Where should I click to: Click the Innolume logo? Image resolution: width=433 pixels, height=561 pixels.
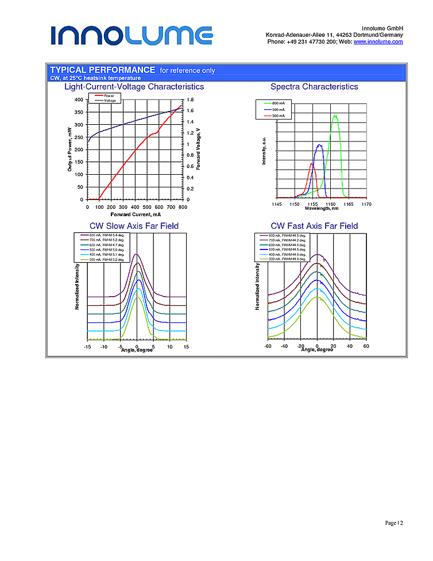coord(132,35)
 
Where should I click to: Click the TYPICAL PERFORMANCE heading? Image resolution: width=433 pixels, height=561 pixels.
coord(103,70)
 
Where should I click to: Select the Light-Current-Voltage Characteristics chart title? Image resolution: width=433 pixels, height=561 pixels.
coord(134,87)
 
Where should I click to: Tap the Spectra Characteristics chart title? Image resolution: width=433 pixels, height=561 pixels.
coord(314,87)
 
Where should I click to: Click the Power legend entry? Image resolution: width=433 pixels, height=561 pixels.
coord(109,95)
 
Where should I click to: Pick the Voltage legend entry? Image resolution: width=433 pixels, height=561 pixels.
coord(110,101)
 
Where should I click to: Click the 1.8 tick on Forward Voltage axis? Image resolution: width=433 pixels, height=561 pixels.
coord(190,99)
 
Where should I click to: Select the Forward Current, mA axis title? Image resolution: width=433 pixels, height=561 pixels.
coord(136,214)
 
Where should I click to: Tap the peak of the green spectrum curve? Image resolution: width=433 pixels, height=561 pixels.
coord(335,116)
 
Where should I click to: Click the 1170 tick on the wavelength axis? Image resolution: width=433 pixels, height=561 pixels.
coord(366,204)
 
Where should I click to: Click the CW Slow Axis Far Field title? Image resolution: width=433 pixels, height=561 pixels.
coord(134,226)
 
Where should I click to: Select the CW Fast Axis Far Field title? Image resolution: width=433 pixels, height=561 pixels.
coord(314,226)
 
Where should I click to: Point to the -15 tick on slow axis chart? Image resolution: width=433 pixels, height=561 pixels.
coord(87,347)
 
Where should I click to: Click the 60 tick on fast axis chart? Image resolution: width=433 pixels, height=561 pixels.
coord(366,346)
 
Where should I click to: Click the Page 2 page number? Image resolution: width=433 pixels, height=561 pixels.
coord(393,523)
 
